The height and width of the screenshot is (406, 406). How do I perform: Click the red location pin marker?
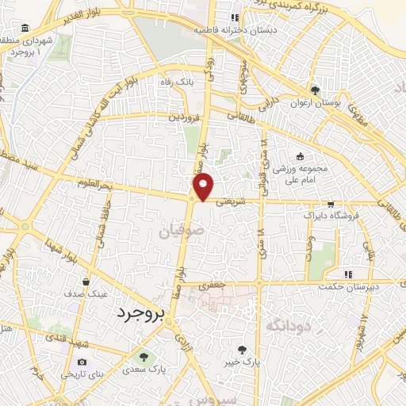point(204,186)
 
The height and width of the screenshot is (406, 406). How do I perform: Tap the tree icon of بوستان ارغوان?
point(316,90)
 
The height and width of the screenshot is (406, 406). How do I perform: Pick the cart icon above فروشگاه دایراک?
point(331,203)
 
